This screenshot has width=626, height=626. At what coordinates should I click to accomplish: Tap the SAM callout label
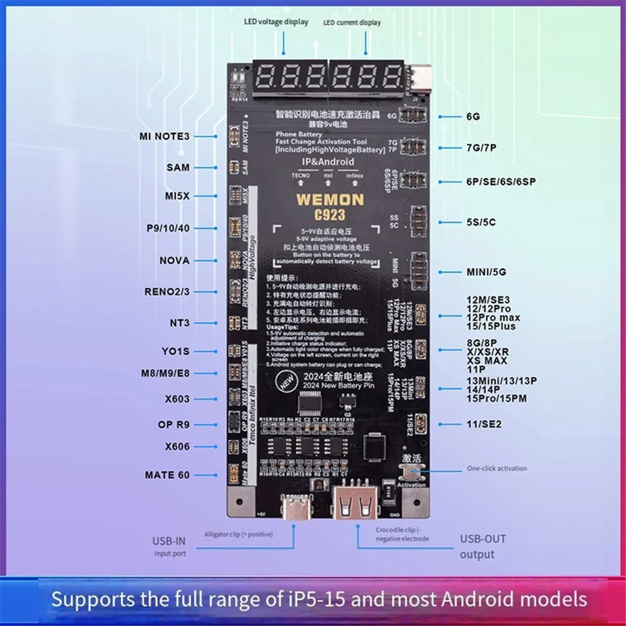point(178,168)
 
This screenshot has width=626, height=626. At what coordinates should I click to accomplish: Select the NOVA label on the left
point(174,261)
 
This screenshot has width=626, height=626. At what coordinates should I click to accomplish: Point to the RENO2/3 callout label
point(167,291)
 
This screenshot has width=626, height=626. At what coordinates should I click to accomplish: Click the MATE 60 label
point(168,475)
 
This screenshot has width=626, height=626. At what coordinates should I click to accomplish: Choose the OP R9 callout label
point(173,425)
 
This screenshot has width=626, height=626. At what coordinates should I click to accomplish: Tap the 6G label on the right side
point(473,117)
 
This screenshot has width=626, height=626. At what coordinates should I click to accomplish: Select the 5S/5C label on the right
point(481,222)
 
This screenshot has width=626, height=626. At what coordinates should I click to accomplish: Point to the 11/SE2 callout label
point(484,424)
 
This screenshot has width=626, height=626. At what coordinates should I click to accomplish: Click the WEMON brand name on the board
point(322,200)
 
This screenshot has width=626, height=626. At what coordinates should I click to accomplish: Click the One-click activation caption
point(497,468)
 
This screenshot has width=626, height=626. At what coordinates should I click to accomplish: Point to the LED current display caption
point(352,23)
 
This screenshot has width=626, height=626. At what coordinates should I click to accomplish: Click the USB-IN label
point(170,541)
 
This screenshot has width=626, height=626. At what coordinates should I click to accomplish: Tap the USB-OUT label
point(483,539)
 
